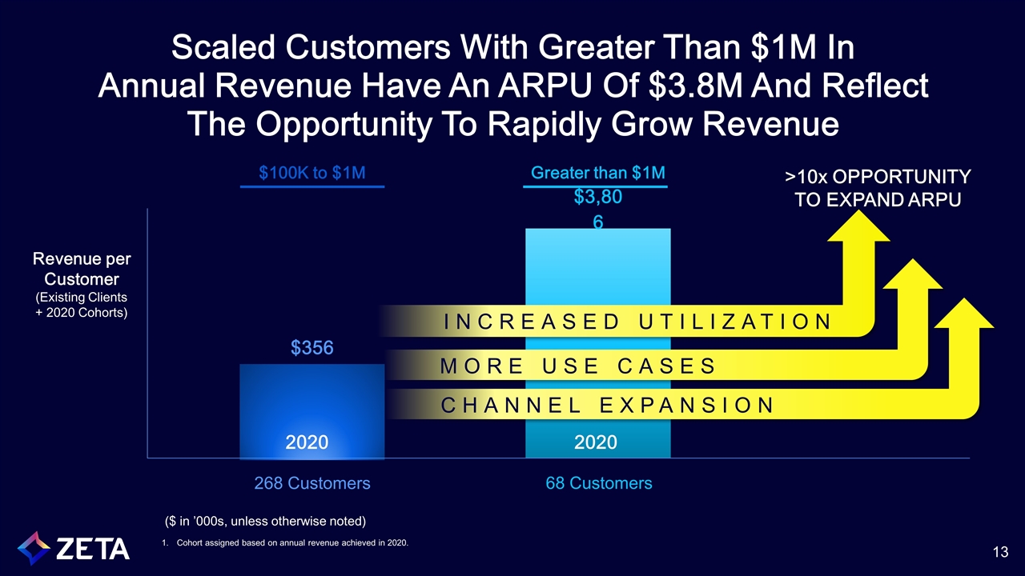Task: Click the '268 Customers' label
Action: coord(312,483)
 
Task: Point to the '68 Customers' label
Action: coord(597,483)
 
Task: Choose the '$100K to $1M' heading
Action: coord(312,173)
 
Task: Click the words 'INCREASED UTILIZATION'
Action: coord(637,322)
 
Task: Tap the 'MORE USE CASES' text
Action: coord(578,366)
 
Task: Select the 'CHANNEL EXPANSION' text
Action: coord(608,405)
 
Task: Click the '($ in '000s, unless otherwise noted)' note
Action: coord(264,522)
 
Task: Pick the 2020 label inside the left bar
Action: coord(307,442)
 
